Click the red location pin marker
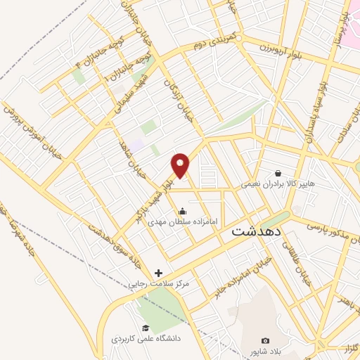[x=181, y=165]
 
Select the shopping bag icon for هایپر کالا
[x=278, y=172]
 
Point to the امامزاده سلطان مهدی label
[x=184, y=221]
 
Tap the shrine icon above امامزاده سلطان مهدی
[x=183, y=210]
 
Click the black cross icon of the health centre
[x=158, y=273]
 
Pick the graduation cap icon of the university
[x=146, y=328]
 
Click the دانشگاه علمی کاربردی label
[x=146, y=338]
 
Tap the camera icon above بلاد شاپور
[x=265, y=340]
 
